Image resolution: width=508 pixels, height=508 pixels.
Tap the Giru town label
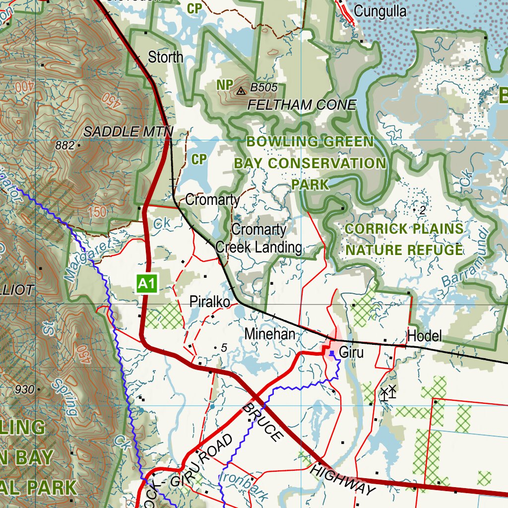(351, 353)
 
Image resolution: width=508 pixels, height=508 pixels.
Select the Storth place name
(166, 57)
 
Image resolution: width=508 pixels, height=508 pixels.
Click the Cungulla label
(381, 11)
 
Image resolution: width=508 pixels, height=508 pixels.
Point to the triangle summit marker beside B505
(241, 91)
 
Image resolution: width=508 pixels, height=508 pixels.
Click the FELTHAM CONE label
(302, 105)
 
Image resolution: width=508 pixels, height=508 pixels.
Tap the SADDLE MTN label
(127, 131)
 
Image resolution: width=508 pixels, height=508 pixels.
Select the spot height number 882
(65, 145)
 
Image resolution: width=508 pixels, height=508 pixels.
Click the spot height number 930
(25, 389)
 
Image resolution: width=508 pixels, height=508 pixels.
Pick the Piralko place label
(209, 302)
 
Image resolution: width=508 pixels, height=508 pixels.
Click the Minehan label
(270, 334)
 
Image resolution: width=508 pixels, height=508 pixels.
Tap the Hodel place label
(424, 336)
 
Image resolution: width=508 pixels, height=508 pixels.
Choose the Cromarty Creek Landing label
(258, 238)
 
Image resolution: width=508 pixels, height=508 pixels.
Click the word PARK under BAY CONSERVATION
(310, 185)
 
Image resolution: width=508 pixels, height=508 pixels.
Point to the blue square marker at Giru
(332, 353)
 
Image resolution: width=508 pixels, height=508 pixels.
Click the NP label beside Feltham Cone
(224, 85)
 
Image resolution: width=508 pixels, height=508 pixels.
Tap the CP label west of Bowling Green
(198, 159)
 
